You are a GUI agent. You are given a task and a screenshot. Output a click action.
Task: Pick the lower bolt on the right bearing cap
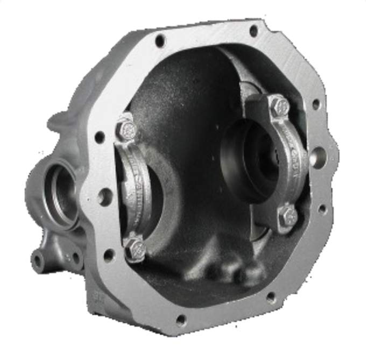tap(288, 216)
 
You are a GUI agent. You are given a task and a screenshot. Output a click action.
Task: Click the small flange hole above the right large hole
tap(316, 104)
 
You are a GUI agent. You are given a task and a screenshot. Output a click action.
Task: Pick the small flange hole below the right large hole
tap(321, 208)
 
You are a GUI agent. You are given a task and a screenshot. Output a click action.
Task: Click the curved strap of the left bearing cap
tap(137, 188)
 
